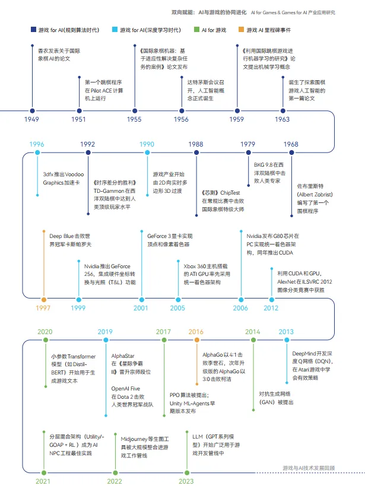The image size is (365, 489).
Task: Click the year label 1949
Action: point(31,119)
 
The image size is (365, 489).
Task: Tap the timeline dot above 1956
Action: point(182,111)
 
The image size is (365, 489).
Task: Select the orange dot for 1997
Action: point(44,300)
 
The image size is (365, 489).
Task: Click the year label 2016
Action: point(196,332)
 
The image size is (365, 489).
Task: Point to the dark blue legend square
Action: point(33,29)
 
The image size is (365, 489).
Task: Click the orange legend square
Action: point(241,29)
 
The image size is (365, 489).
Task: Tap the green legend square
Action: point(196,29)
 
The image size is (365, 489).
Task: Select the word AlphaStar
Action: point(123,356)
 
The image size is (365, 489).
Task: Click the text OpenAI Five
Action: point(126,389)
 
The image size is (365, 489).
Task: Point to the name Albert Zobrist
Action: point(315,195)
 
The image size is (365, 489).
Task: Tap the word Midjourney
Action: point(134,439)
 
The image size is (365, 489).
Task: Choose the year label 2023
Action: point(186,481)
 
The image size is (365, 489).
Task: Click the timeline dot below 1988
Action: point(196,153)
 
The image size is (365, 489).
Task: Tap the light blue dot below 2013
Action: point(287,340)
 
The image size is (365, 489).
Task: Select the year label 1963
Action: point(283,119)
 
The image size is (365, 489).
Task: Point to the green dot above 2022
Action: point(115,473)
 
